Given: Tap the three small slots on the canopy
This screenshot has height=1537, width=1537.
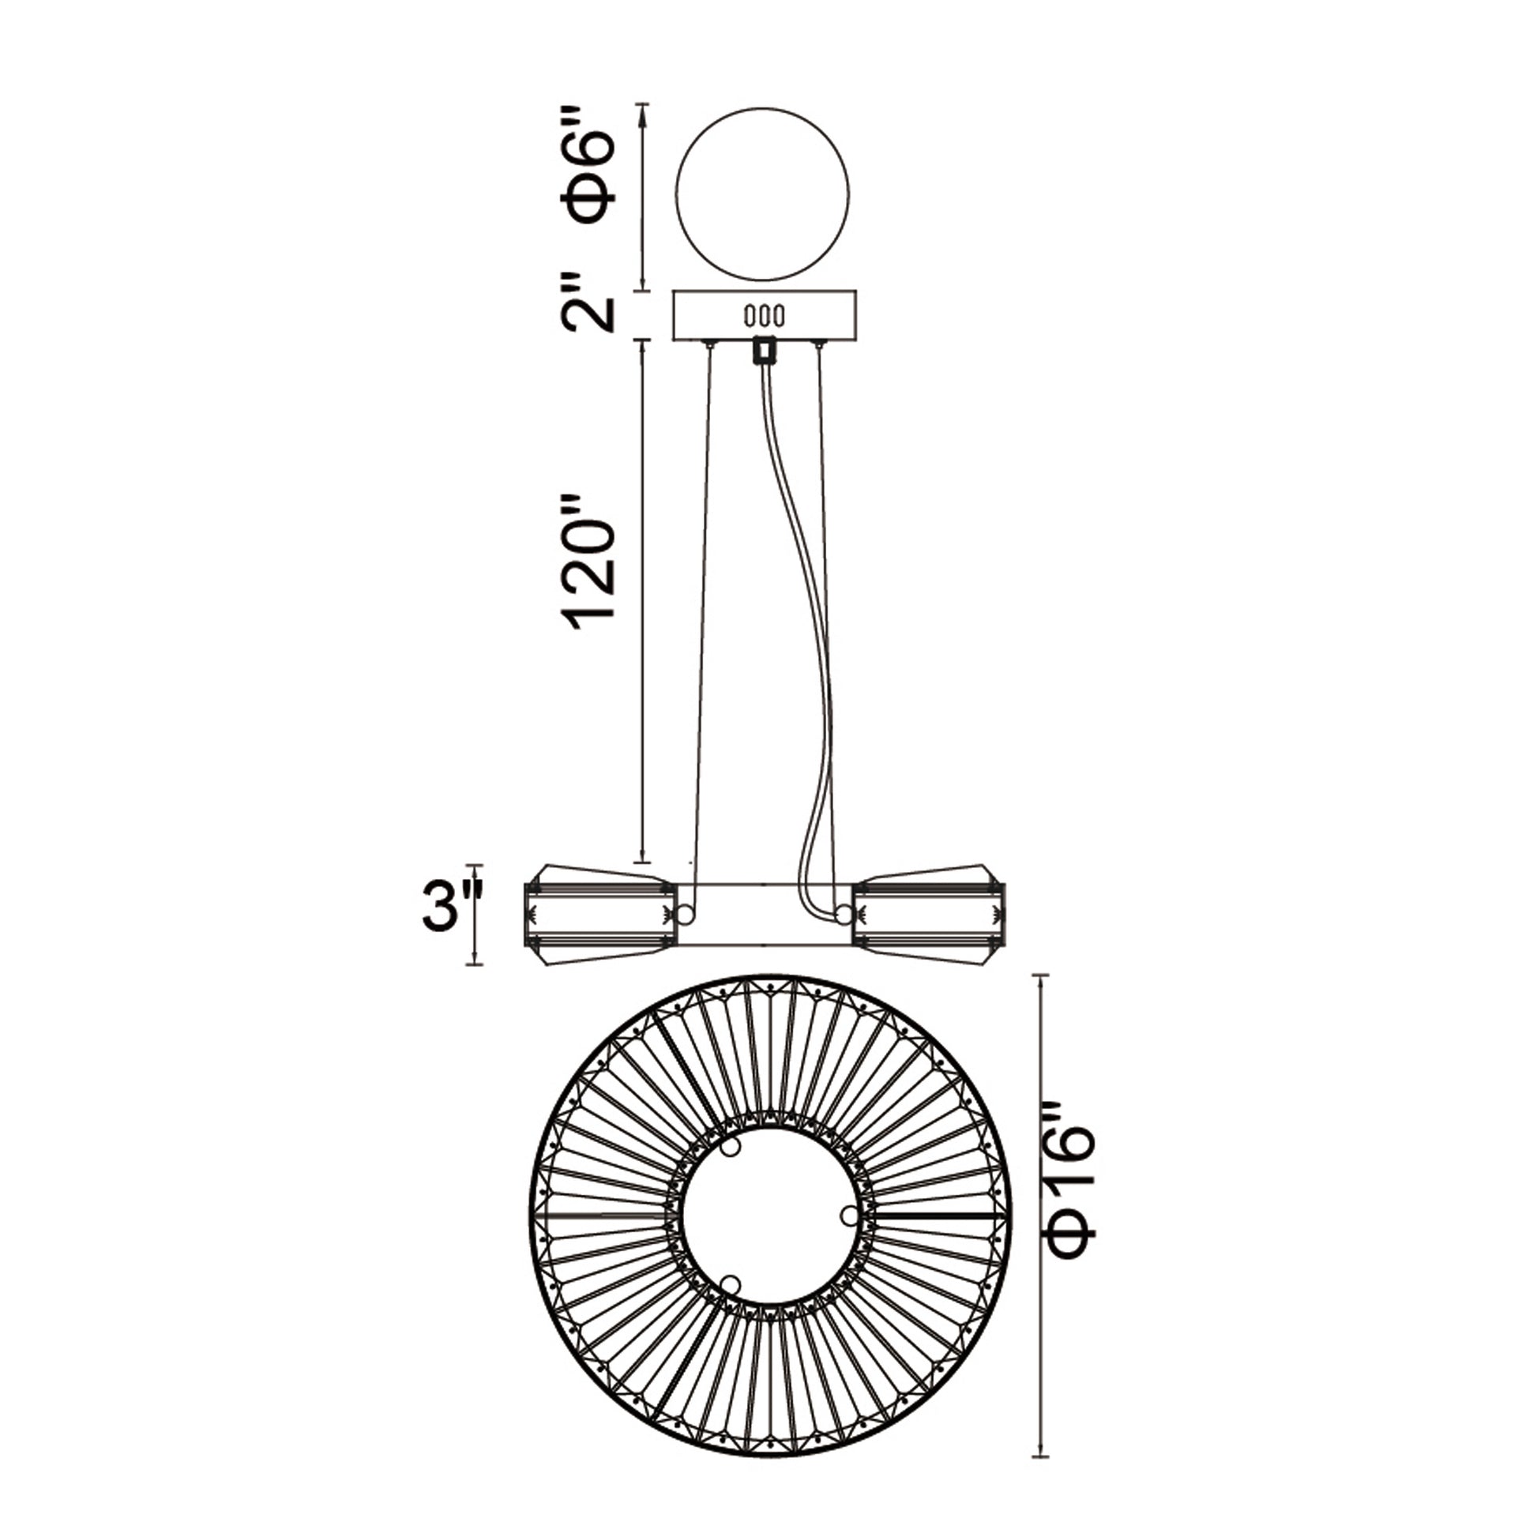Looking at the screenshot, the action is pyautogui.click(x=765, y=316).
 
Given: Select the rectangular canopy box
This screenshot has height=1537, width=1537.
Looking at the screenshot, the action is pyautogui.click(x=765, y=315).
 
